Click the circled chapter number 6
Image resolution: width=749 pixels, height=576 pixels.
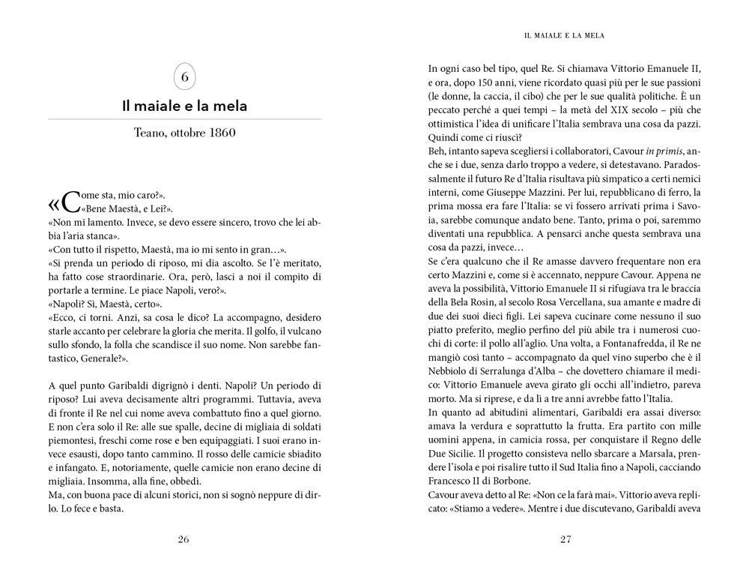tap(184, 77)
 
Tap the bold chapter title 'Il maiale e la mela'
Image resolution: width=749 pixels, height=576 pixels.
tap(184, 106)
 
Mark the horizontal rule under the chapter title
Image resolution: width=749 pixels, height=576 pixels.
tap(184, 119)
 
